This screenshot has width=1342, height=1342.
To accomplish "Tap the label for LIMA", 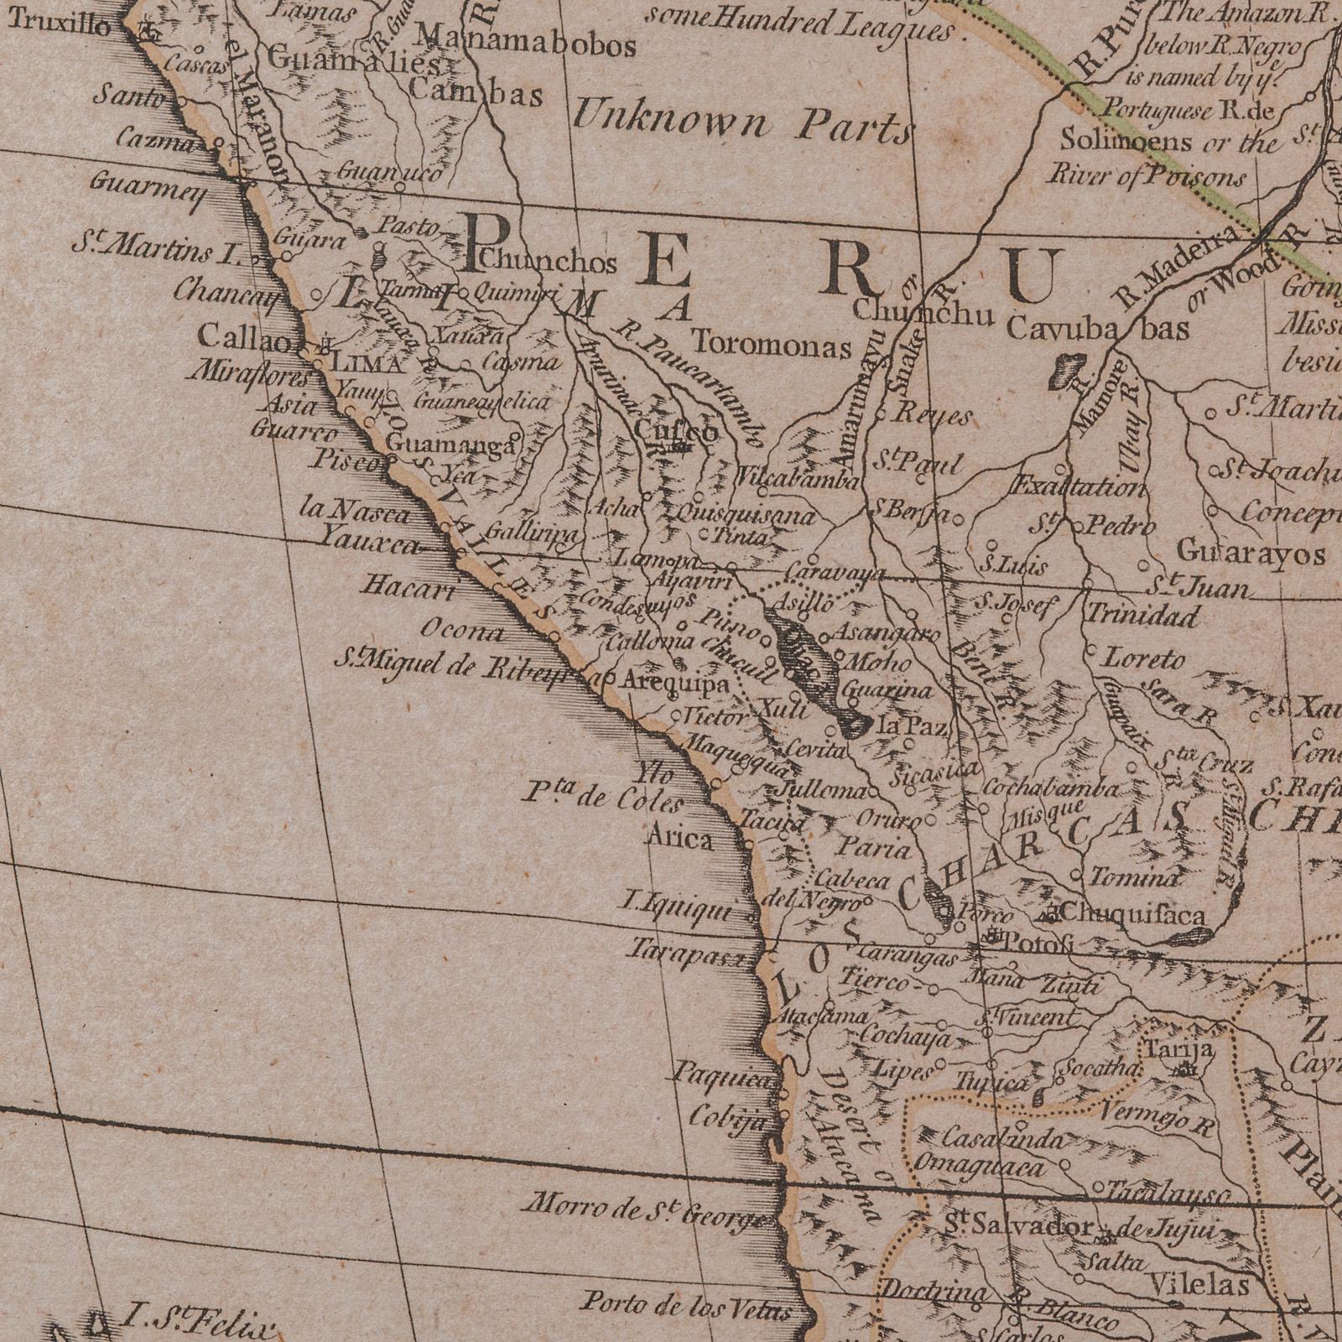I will [368, 363].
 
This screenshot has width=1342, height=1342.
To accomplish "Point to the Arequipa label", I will [675, 684].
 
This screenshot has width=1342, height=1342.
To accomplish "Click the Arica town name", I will [680, 838].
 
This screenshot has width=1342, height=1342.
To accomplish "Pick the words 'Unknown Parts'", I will [741, 124].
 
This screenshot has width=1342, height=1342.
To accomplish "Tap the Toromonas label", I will [771, 344].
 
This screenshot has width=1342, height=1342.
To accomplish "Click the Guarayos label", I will [1251, 553].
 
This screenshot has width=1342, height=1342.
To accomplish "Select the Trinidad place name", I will [1143, 615].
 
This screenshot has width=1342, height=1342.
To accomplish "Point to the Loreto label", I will [1146, 658].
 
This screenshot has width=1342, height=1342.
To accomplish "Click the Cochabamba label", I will [1050, 788].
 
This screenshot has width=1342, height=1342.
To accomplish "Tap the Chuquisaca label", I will [1133, 913].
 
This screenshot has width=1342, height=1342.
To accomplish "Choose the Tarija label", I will [1179, 1049].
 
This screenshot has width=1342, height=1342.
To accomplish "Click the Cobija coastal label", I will [728, 1117].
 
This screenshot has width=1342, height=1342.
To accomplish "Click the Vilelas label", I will [1199, 1284].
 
